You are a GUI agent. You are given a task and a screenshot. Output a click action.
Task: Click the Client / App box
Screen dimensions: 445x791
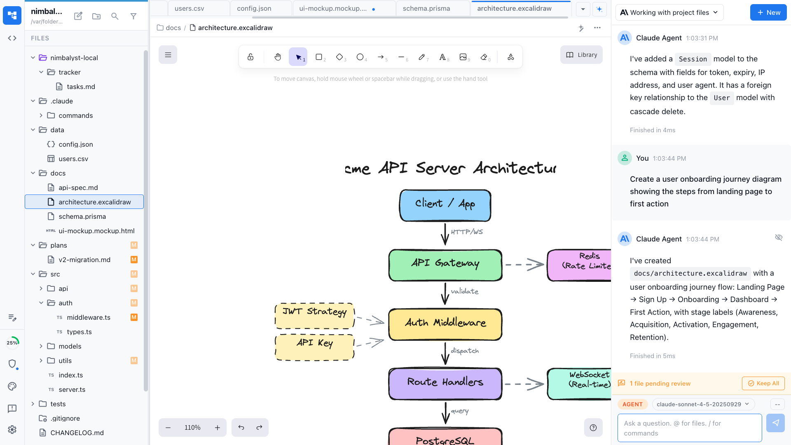point(445,205)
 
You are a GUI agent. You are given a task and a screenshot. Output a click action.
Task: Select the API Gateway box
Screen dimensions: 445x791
point(445,265)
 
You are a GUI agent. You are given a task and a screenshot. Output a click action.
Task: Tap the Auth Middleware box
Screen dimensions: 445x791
point(445,324)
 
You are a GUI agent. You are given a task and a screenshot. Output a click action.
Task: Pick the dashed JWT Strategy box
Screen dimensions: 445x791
point(315,316)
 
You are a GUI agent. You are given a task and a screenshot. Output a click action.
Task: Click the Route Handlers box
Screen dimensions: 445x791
point(445,384)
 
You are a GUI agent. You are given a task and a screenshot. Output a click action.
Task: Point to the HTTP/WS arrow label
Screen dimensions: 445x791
point(467,232)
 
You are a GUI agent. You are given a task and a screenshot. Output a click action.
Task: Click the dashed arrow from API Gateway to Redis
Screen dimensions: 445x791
point(524,265)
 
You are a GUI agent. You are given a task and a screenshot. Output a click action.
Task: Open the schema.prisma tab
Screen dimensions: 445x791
point(426,8)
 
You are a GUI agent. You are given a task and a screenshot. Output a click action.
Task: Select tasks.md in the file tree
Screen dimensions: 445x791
point(81,87)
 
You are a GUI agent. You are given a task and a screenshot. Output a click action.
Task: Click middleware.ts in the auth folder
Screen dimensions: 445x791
point(89,317)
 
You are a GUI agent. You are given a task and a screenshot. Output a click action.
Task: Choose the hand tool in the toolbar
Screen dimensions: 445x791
point(278,57)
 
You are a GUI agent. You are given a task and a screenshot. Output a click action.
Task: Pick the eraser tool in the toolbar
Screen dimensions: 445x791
point(484,57)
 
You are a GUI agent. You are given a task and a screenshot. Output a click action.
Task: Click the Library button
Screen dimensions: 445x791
point(581,55)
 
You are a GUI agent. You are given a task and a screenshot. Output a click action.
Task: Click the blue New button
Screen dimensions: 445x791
point(768,12)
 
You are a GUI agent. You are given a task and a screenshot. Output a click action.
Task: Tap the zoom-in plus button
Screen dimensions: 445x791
point(218,428)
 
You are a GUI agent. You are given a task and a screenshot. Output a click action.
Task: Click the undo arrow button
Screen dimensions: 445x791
point(241,428)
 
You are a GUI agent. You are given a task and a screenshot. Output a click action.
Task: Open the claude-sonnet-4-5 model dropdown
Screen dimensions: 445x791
point(703,404)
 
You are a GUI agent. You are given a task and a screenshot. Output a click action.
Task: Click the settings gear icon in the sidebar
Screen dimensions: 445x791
point(12,429)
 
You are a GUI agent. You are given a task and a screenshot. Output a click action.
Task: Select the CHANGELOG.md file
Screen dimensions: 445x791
point(77,433)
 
